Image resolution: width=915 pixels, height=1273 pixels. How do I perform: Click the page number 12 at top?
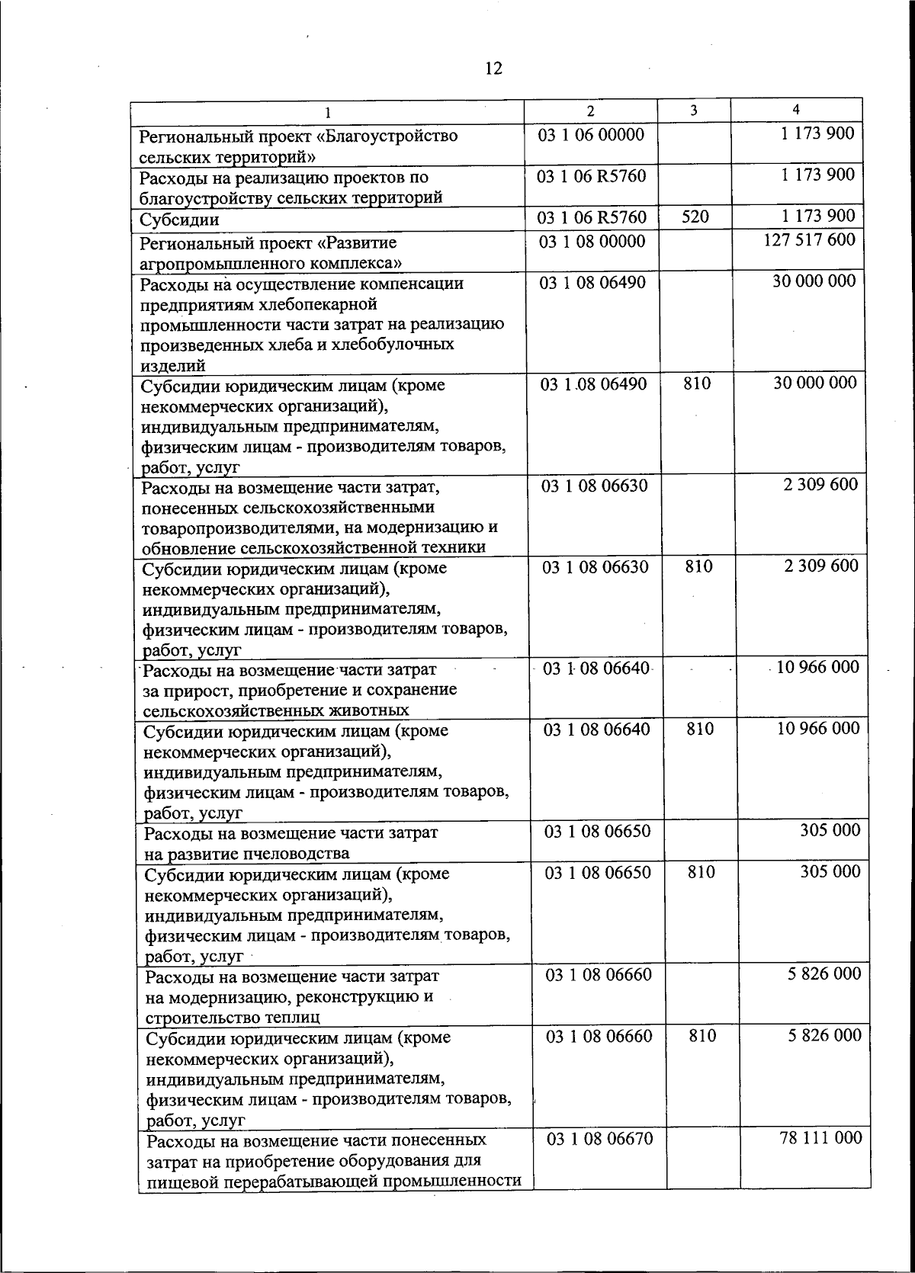coord(493,69)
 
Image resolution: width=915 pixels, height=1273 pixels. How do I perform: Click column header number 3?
coord(693,111)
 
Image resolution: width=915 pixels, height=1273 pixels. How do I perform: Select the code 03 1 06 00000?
coord(592,135)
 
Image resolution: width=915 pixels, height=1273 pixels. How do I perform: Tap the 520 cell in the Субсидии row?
coord(695,217)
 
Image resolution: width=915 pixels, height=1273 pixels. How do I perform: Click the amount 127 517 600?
coord(809,240)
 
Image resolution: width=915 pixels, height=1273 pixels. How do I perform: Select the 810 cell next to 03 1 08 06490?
coord(697,383)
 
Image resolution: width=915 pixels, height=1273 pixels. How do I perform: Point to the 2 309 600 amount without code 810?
coord(820,485)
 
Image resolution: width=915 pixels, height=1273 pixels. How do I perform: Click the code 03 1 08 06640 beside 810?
coord(597,729)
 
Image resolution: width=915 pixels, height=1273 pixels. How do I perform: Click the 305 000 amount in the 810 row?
coord(830,871)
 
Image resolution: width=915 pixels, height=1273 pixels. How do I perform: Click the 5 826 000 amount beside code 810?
coord(824,1036)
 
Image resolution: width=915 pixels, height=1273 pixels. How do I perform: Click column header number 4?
coord(795,110)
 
